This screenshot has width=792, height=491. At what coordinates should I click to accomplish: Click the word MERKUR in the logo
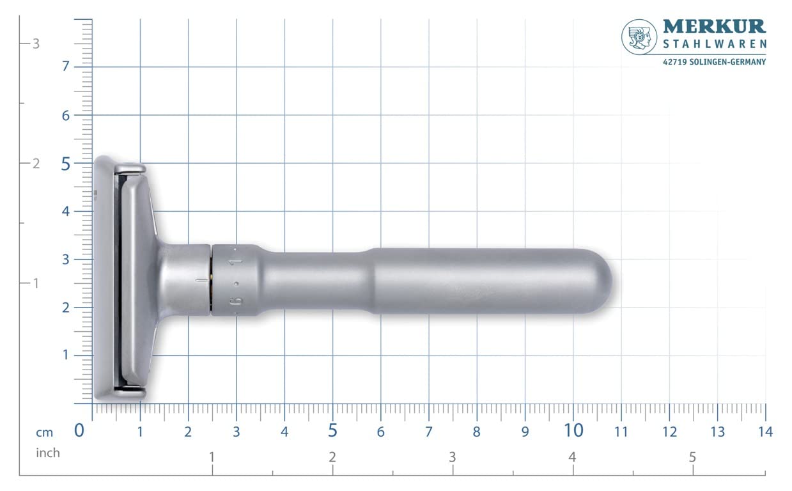pos(714,26)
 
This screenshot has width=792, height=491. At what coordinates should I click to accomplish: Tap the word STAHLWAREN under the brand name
pos(714,45)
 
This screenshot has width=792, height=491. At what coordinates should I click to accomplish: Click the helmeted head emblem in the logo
pos(639,36)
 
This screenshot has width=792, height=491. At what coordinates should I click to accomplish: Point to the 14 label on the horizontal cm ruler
pos(765,432)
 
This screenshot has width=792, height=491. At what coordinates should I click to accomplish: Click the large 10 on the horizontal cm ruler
pos(573,431)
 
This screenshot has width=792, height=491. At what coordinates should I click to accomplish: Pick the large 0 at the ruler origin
pos(79,431)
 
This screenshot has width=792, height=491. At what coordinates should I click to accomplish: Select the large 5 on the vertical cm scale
pos(66,164)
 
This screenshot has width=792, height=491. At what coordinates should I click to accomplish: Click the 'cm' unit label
pos(44,433)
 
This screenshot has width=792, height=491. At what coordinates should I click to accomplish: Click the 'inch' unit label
pos(47,453)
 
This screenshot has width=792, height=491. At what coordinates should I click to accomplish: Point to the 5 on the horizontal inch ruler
pos(692,458)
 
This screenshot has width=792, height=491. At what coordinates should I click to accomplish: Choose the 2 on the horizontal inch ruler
pos(332,458)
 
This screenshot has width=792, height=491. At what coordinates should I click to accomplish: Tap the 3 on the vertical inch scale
pos(36,43)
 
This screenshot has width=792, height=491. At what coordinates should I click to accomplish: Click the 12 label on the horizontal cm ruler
pos(669,432)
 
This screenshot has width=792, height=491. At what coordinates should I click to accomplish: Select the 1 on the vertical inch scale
pos(36,283)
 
